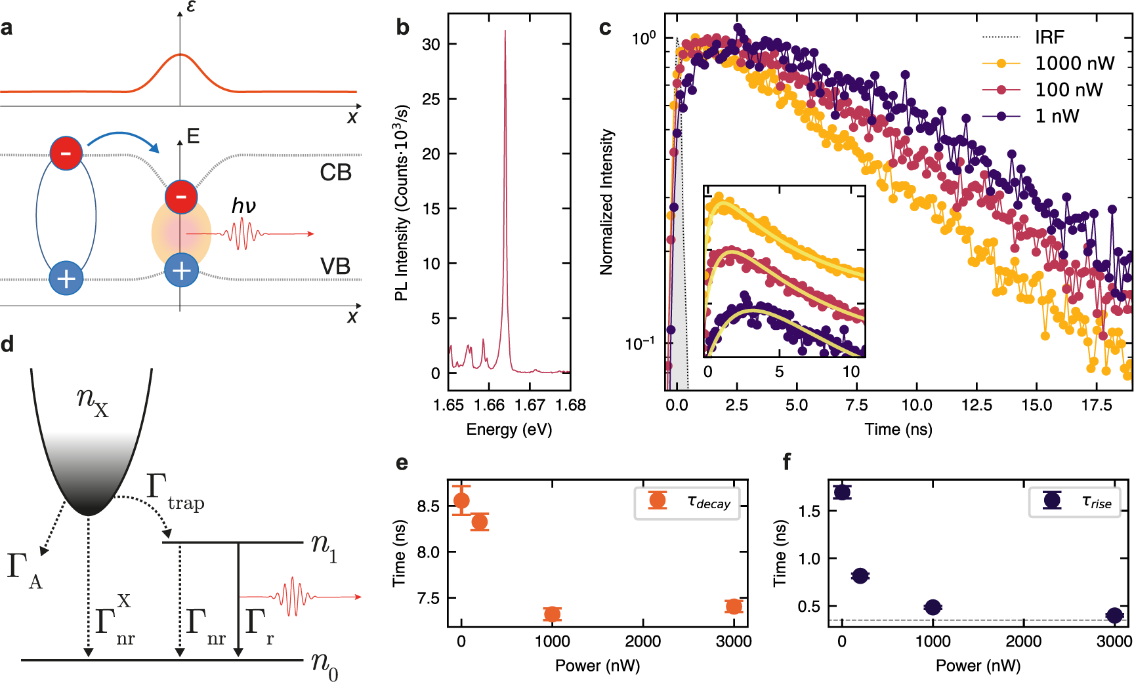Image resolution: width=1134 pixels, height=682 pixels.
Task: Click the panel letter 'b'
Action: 402,28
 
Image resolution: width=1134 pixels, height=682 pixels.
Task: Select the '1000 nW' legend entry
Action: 1074,64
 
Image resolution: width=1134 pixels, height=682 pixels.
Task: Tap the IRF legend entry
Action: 1049,37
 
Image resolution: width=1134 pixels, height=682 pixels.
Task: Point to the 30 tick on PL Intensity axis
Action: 431,45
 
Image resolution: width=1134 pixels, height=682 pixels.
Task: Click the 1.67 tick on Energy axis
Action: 530,405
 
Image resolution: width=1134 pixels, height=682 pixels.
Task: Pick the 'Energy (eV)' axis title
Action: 509,430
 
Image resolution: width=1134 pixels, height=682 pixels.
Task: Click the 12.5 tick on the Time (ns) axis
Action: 976,405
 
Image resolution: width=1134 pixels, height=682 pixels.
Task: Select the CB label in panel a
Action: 335,172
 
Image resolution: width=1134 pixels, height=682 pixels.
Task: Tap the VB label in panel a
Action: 335,266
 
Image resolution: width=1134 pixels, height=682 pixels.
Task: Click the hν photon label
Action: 243,207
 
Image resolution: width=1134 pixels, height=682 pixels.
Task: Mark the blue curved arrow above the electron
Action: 123,139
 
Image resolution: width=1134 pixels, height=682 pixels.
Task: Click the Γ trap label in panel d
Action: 175,492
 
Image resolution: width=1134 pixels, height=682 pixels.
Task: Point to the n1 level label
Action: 324,547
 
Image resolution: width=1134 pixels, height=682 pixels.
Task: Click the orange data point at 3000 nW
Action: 734,607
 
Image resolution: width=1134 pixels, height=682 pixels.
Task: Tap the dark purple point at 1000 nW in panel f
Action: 933,608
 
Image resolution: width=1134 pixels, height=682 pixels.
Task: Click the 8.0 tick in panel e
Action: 429,552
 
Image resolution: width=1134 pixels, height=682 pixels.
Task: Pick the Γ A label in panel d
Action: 24,571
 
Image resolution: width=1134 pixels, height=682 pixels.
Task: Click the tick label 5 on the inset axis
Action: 779,372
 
